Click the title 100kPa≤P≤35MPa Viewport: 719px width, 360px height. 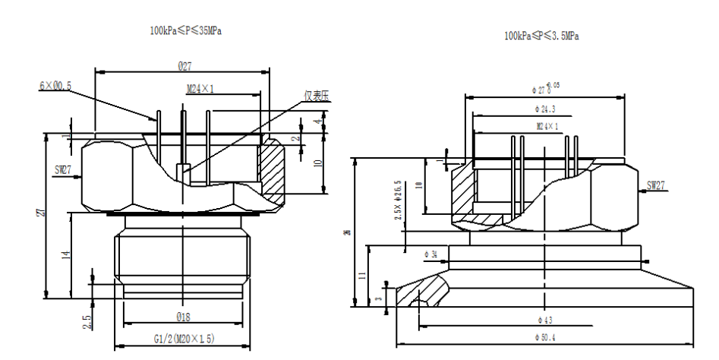(185, 30)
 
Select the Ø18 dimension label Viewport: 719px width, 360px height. (184, 316)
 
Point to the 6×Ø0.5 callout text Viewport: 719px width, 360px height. (55, 87)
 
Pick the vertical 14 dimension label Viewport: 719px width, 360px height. (66, 255)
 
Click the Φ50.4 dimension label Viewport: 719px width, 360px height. (545, 336)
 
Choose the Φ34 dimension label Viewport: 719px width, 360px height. (429, 252)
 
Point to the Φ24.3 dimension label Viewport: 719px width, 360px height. (544, 110)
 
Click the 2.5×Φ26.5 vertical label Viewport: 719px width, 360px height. (399, 201)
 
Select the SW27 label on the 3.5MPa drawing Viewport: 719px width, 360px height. (658, 186)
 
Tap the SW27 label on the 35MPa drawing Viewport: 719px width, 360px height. (62, 172)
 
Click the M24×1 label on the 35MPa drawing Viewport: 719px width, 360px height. (200, 89)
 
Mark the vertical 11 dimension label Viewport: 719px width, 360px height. (362, 275)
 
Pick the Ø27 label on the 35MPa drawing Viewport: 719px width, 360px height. (184, 67)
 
